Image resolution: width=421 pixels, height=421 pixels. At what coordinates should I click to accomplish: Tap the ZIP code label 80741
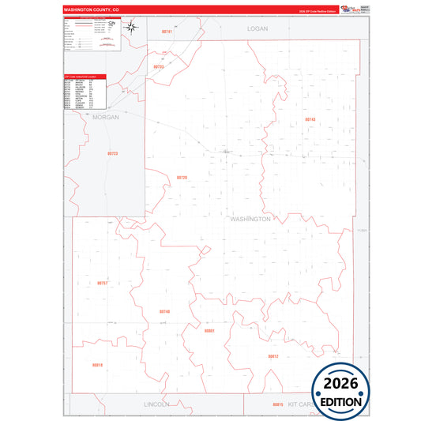click(166, 31)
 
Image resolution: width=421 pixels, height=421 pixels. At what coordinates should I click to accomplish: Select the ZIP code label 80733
click(158, 66)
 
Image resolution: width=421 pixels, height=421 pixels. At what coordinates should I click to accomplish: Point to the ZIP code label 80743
click(310, 119)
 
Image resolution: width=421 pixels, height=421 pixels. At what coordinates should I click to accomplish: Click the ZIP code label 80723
click(112, 153)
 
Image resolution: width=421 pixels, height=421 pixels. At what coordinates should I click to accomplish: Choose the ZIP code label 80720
click(182, 178)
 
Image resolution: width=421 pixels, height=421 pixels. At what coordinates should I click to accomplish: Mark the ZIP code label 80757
click(103, 282)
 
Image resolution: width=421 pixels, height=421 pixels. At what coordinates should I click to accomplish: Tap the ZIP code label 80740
click(164, 311)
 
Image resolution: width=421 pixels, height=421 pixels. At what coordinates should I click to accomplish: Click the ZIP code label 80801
click(209, 331)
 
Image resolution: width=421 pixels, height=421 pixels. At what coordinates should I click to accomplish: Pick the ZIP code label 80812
click(273, 356)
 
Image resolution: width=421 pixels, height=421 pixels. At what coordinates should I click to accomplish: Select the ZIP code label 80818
click(97, 365)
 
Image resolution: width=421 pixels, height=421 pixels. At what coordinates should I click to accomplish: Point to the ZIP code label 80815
click(276, 404)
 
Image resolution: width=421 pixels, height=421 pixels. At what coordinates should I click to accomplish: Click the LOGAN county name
click(257, 28)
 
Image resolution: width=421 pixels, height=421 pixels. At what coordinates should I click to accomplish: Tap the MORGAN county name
click(105, 117)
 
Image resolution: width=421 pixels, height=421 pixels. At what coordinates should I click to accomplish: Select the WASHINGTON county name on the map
click(250, 218)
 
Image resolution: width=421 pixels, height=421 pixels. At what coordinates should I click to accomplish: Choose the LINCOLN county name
click(156, 404)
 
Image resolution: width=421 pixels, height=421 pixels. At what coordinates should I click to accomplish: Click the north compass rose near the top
click(133, 30)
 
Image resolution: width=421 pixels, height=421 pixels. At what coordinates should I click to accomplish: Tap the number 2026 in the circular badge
click(341, 384)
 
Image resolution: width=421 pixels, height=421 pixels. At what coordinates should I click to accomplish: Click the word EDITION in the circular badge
click(341, 401)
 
